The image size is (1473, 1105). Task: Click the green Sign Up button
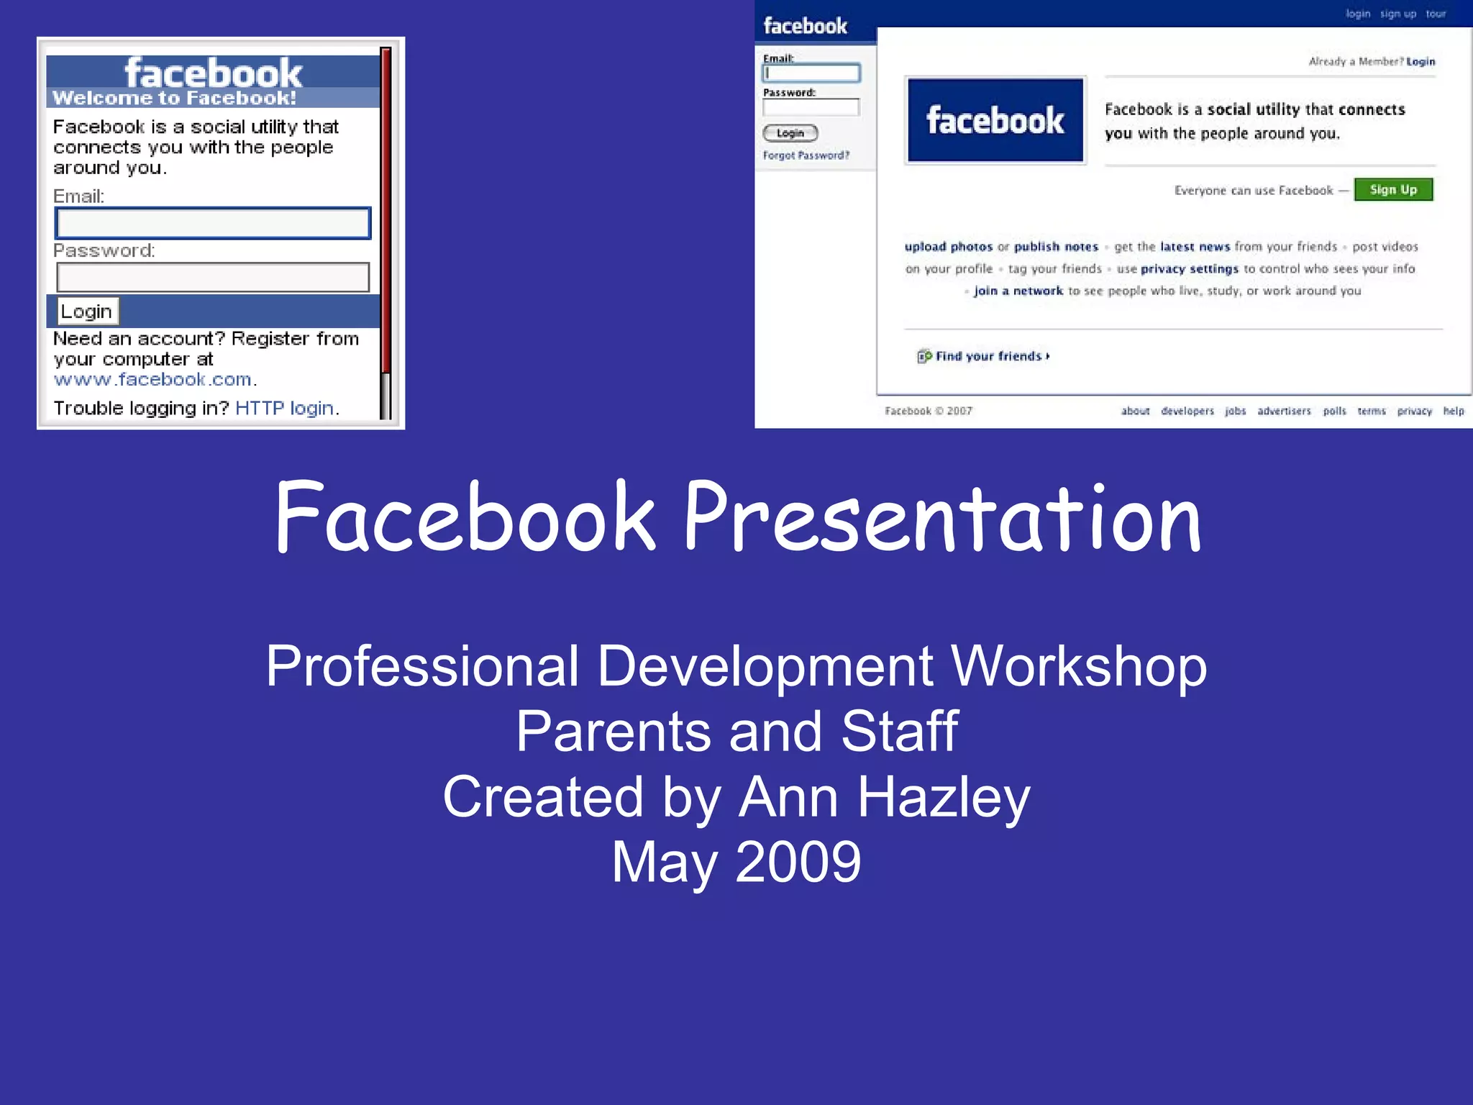1393,190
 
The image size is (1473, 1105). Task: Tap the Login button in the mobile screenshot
87,312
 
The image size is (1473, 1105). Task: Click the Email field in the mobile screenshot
213,223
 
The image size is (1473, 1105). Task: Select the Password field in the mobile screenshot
213,278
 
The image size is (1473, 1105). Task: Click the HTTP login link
284,409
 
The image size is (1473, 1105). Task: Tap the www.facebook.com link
152,380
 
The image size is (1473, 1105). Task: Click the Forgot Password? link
806,155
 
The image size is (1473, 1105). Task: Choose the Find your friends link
988,356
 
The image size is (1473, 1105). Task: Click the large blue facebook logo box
995,120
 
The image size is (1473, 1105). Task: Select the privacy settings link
1190,269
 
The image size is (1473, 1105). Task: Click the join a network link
1018,291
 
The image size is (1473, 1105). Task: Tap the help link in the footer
1453,411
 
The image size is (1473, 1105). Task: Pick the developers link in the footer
1187,411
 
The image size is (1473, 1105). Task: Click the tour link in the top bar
1436,14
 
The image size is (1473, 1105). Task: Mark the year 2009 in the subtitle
798,862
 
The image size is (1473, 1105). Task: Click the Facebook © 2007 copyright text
928,411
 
